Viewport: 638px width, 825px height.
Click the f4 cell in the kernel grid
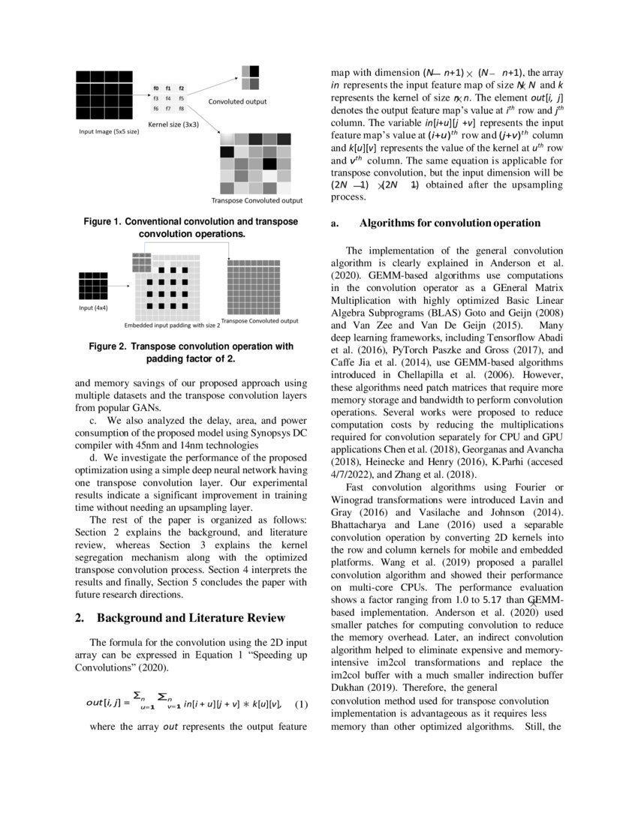coord(168,98)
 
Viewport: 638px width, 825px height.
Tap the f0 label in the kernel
coord(155,88)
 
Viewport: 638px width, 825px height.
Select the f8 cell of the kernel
coord(181,109)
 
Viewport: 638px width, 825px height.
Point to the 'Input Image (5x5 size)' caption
coord(109,130)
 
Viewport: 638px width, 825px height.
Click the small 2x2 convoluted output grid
coord(250,72)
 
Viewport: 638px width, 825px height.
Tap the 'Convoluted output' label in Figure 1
coord(237,101)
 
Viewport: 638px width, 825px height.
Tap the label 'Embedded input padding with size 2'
coord(172,326)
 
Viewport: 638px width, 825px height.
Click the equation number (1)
coord(301,703)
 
